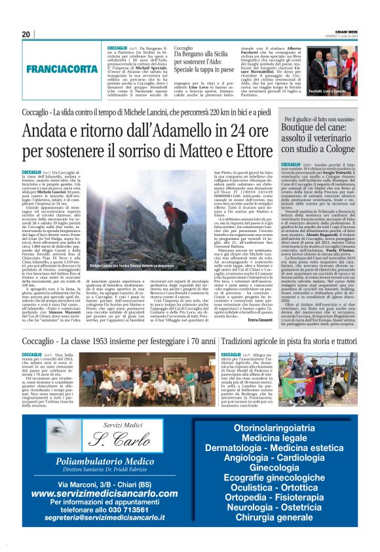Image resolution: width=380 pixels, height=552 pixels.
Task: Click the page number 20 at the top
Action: pos(26,35)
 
